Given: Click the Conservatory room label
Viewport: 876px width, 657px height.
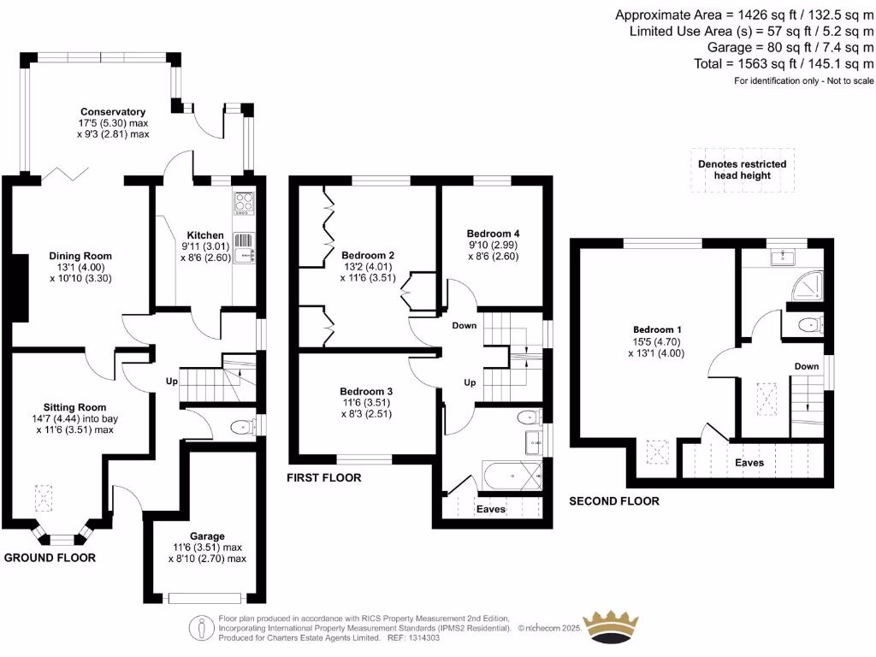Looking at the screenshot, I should tap(113, 112).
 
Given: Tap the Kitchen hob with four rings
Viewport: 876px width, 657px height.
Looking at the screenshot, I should tap(244, 204).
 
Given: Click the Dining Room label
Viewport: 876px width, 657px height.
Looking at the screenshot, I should tap(80, 256).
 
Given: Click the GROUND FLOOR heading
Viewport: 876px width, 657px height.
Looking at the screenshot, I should tap(50, 558).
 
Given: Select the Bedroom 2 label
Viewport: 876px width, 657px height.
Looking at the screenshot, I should tap(368, 255).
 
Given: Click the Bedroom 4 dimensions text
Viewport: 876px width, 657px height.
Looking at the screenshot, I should tap(493, 250).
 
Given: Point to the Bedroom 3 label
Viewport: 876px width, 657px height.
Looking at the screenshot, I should tap(368, 394).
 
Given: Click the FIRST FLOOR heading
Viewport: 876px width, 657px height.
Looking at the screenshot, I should tap(324, 477).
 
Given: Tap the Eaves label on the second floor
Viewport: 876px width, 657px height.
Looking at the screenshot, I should tap(749, 463).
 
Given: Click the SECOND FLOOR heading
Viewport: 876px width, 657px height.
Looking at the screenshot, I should tap(614, 500).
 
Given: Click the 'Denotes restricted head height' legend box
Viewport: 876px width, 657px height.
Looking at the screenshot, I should tap(742, 169).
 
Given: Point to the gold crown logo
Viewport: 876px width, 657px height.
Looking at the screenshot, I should tap(611, 622).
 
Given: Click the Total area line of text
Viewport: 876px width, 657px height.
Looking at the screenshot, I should tap(784, 64).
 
